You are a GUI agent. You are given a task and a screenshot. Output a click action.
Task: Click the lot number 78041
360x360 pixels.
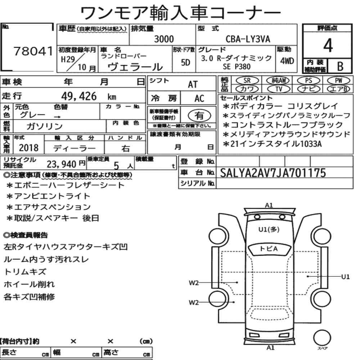click(33, 51)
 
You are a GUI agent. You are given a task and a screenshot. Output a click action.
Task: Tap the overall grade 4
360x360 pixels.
click(328, 45)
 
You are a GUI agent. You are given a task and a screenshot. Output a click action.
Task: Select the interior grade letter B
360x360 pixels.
click(340, 66)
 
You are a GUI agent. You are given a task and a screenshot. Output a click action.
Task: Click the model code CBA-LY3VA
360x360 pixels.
click(248, 39)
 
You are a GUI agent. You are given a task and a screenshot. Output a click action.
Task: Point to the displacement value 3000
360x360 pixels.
click(164, 39)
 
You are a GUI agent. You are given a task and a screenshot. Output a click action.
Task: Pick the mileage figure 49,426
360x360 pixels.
click(79, 96)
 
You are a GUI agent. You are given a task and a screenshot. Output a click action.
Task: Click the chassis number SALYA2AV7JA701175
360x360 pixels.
click(273, 173)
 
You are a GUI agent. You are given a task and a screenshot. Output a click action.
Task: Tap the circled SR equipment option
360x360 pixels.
click(247, 81)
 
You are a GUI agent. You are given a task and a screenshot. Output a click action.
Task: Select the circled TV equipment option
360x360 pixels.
click(279, 89)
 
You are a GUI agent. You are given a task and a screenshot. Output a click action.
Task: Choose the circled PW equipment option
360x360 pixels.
click(338, 81)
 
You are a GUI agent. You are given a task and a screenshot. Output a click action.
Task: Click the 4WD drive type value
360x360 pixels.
click(287, 61)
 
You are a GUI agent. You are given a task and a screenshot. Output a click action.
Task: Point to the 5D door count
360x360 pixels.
click(185, 62)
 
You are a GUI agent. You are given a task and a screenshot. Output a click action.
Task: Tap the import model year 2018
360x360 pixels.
click(29, 148)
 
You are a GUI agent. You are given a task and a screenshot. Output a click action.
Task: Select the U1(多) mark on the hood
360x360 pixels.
click(269, 229)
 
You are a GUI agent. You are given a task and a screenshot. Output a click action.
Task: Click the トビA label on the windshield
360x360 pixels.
click(269, 249)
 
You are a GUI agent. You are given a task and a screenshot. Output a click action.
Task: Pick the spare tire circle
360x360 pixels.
click(322, 338)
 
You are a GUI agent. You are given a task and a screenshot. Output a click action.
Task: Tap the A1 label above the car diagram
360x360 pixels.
click(269, 205)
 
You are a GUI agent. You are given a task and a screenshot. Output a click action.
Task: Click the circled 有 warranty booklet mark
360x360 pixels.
click(199, 115)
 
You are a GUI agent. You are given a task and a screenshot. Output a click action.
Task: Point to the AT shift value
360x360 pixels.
click(193, 85)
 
